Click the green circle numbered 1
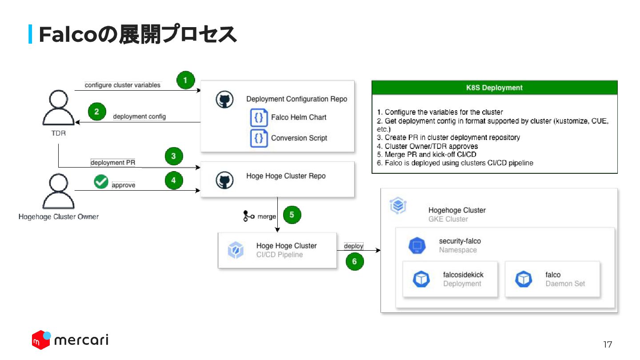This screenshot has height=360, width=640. (x=186, y=80)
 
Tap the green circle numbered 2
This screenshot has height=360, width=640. (x=97, y=112)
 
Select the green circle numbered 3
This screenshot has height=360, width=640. (x=173, y=156)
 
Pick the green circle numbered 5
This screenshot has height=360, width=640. (x=292, y=215)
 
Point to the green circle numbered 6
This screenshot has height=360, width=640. (x=354, y=261)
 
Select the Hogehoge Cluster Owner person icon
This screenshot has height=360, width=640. (x=58, y=191)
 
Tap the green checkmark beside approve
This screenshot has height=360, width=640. (x=101, y=181)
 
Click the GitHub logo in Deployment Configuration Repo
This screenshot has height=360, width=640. (x=224, y=100)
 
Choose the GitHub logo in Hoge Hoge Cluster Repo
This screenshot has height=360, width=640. (x=224, y=180)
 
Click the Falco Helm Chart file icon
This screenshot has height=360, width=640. (x=259, y=118)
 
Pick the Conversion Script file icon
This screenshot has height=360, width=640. (x=259, y=138)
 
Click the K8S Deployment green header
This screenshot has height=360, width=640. (x=494, y=88)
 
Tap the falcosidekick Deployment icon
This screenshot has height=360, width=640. (x=421, y=279)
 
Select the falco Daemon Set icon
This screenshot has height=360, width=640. (x=524, y=279)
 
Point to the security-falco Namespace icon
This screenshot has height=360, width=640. (x=417, y=245)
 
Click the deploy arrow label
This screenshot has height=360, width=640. (x=353, y=246)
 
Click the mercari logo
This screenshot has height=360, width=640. (x=70, y=340)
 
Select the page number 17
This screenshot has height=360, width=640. (x=608, y=344)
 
